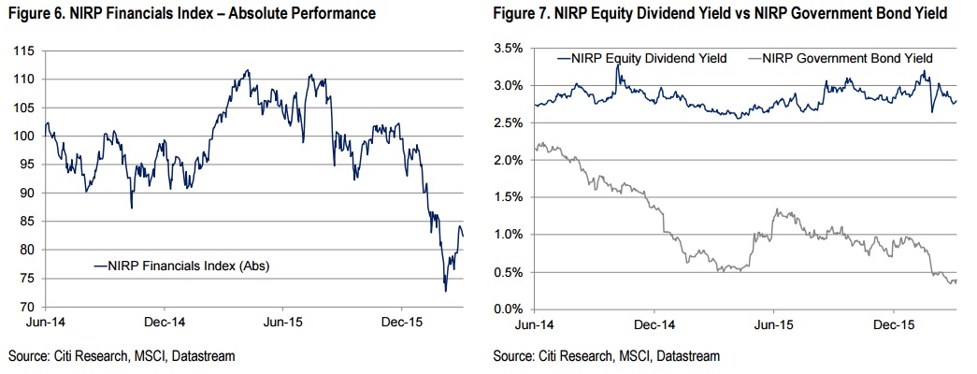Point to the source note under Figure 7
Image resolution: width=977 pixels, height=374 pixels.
(607, 356)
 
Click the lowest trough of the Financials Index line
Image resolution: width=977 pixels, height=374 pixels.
(445, 291)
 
